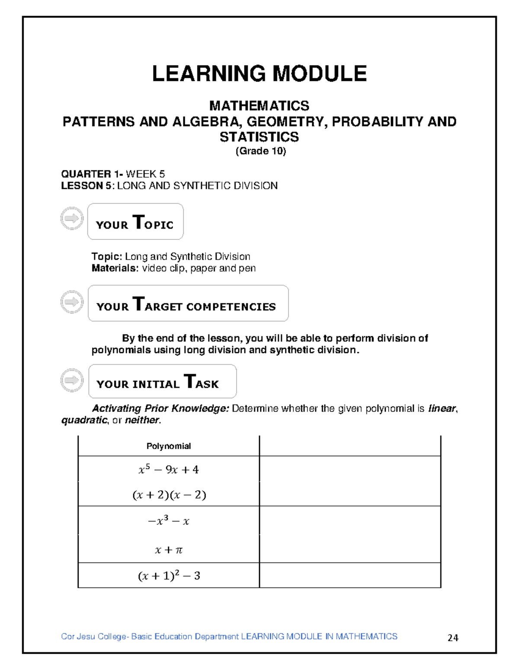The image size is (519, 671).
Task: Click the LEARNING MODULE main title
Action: click(x=259, y=73)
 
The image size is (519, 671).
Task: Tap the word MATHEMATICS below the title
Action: click(x=259, y=105)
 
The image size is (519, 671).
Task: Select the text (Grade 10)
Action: click(x=260, y=151)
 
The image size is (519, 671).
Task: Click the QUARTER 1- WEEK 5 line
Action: click(x=113, y=174)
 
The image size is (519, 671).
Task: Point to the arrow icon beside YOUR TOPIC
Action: click(x=72, y=218)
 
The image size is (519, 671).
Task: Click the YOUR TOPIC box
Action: click(x=135, y=222)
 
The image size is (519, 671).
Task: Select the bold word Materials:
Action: click(x=115, y=268)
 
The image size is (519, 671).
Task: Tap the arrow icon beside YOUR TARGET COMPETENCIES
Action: click(x=72, y=302)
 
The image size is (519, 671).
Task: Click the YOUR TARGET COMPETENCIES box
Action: click(x=188, y=303)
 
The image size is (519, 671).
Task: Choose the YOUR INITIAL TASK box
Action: click(x=162, y=381)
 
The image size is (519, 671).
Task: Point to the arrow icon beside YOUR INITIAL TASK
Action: click(x=72, y=380)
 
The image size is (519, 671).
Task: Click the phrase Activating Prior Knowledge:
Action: click(x=160, y=408)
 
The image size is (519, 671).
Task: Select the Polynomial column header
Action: click(x=169, y=446)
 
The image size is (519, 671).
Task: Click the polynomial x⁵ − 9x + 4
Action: click(x=169, y=470)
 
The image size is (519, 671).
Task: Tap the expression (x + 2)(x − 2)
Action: click(x=169, y=495)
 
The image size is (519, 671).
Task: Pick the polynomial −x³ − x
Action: click(x=169, y=521)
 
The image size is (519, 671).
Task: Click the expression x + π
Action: click(x=169, y=550)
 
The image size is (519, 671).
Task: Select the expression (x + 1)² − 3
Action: click(x=169, y=576)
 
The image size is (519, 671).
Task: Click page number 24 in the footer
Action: click(x=453, y=638)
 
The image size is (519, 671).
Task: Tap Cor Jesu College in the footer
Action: click(x=93, y=636)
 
